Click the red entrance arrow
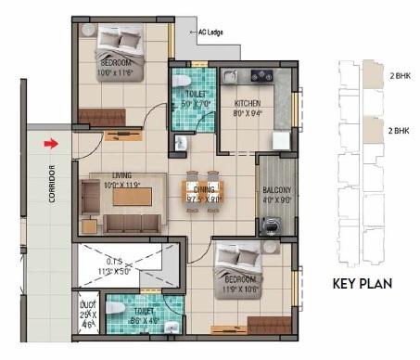[x=53, y=144]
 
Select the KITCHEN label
[x=247, y=103]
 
